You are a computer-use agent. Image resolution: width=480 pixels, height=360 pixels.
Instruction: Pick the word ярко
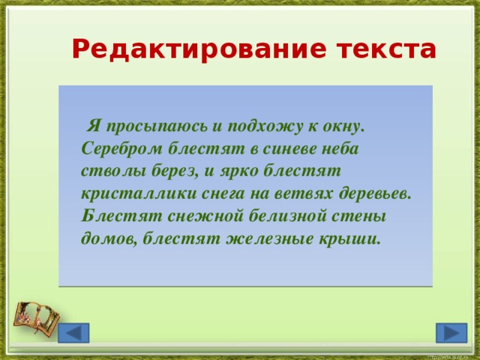click(243, 171)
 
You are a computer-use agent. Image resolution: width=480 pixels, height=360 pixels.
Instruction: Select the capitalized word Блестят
click(112, 216)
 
